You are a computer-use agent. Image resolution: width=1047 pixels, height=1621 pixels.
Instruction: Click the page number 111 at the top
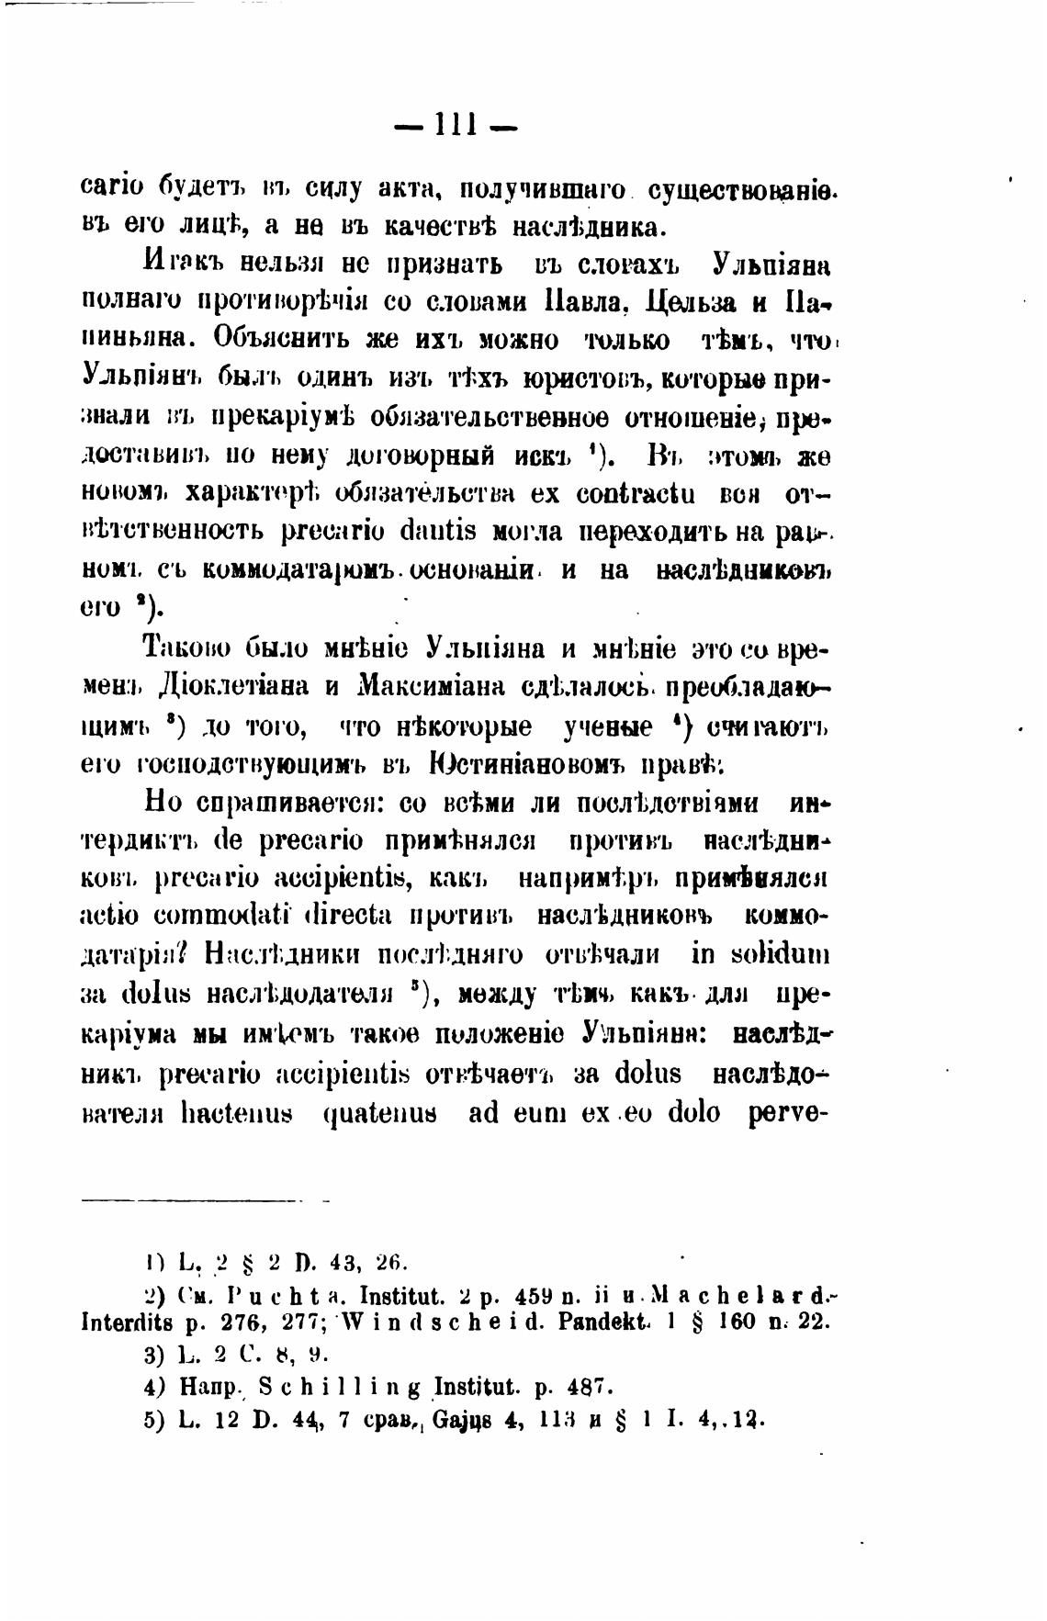[456, 122]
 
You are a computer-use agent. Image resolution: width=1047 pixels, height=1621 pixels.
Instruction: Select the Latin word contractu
[634, 493]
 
